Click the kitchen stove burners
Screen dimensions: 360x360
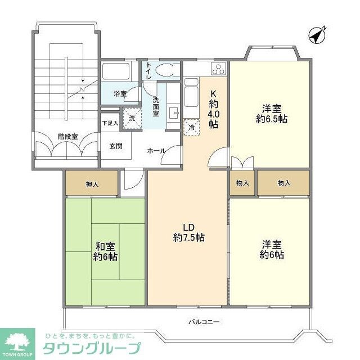218,70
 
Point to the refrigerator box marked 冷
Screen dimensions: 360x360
191,127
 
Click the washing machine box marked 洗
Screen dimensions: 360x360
131,118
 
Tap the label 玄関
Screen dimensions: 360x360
116,146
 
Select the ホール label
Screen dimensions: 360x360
156,151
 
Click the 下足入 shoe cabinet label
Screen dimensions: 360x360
110,123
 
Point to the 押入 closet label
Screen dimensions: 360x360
92,183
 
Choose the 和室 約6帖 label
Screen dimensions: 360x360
105,251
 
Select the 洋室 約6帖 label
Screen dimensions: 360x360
272,250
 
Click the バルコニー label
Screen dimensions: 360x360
204,322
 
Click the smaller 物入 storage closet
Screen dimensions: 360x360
243,183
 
